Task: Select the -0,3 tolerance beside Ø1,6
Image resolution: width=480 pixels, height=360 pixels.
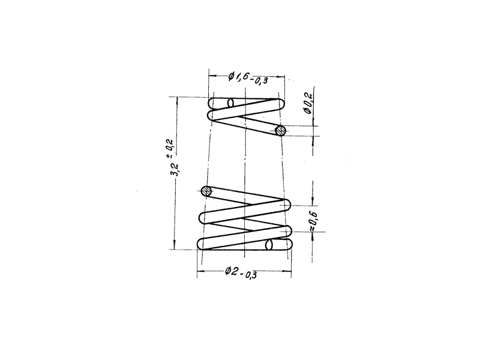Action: click(259, 80)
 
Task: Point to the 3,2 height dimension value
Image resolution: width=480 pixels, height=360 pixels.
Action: click(176, 170)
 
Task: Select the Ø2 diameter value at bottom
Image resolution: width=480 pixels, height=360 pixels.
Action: click(232, 271)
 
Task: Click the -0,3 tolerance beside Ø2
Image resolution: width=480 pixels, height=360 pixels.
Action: click(248, 275)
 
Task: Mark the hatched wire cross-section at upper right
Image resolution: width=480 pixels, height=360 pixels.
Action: click(280, 131)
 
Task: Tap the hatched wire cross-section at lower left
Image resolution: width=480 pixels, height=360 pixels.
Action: click(206, 191)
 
